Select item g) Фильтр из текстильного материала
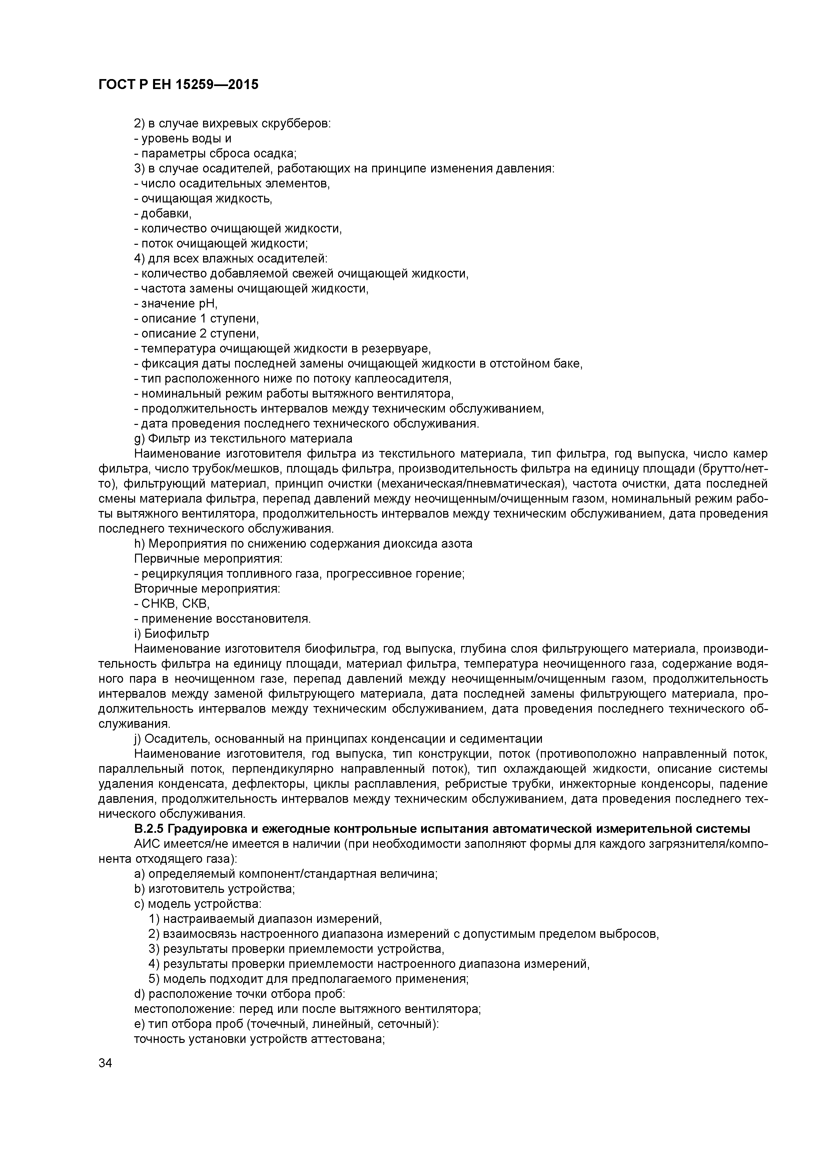243,439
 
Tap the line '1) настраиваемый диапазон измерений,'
265,919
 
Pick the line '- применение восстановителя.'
223,619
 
